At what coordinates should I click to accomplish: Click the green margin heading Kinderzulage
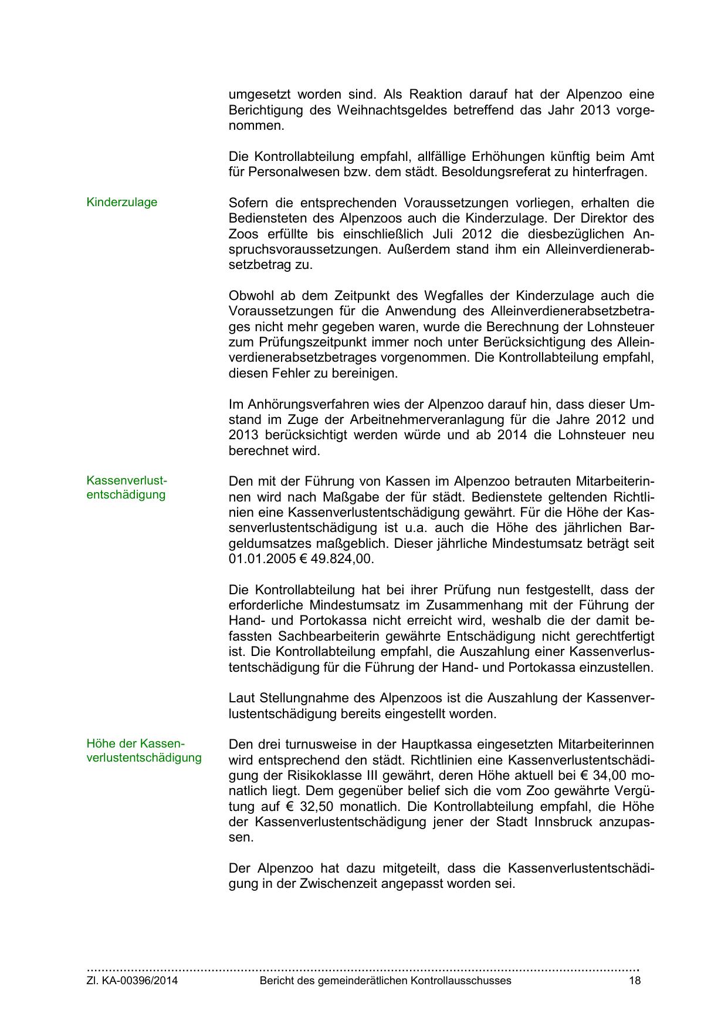pos(121,203)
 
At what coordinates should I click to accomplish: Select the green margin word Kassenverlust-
pos(127,480)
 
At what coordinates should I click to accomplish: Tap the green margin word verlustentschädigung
pos(144,758)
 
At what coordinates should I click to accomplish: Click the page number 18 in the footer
pos(635,981)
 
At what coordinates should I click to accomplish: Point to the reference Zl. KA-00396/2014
pos(132,981)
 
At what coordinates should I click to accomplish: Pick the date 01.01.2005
pos(262,559)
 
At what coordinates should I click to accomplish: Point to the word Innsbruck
pos(564,822)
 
